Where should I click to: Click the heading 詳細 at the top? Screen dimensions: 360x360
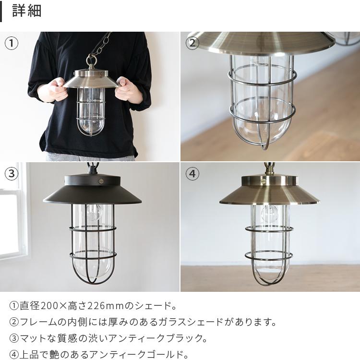tap(27, 11)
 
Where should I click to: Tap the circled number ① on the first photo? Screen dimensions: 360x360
tap(12, 43)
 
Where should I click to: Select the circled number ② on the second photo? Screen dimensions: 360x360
tap(192, 43)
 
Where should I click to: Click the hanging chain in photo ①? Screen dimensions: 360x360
tap(98, 48)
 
